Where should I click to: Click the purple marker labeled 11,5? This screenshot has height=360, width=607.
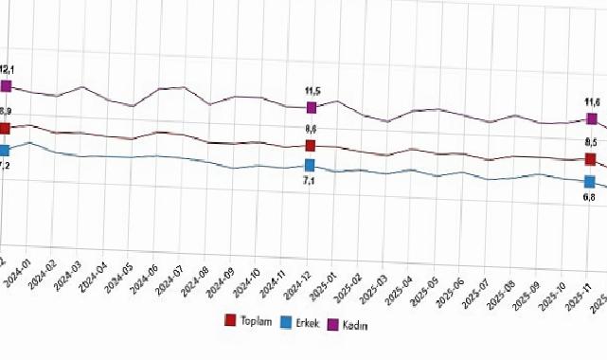point(311,108)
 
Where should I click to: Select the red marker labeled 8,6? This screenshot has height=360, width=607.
point(311,145)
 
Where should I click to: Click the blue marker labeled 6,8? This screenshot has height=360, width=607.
point(590,181)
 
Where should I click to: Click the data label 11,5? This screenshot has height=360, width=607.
point(312,91)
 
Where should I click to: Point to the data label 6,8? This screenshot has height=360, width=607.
point(588,197)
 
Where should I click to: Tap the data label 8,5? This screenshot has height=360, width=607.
point(588,142)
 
